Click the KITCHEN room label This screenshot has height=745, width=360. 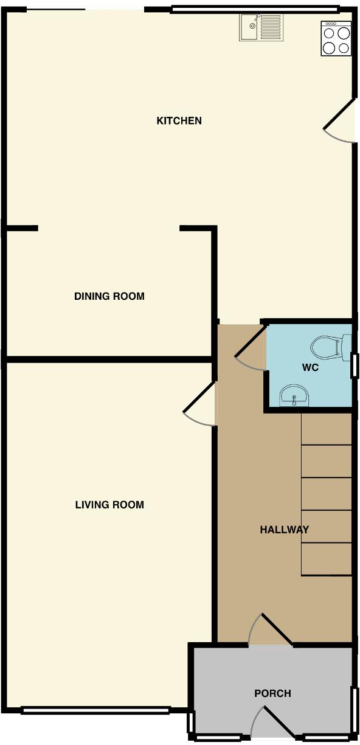[179, 120]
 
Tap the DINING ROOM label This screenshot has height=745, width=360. [109, 296]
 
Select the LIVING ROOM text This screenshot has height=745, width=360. [109, 504]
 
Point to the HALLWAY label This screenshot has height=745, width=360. [284, 529]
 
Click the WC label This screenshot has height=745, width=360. [310, 368]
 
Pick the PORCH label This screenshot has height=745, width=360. [272, 693]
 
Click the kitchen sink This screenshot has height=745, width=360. [260, 27]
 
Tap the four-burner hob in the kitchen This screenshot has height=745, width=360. [336, 38]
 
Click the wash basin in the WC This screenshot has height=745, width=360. [295, 397]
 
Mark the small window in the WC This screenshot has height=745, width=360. [355, 366]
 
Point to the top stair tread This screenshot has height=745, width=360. [327, 430]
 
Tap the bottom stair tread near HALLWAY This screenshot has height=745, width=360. [327, 558]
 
